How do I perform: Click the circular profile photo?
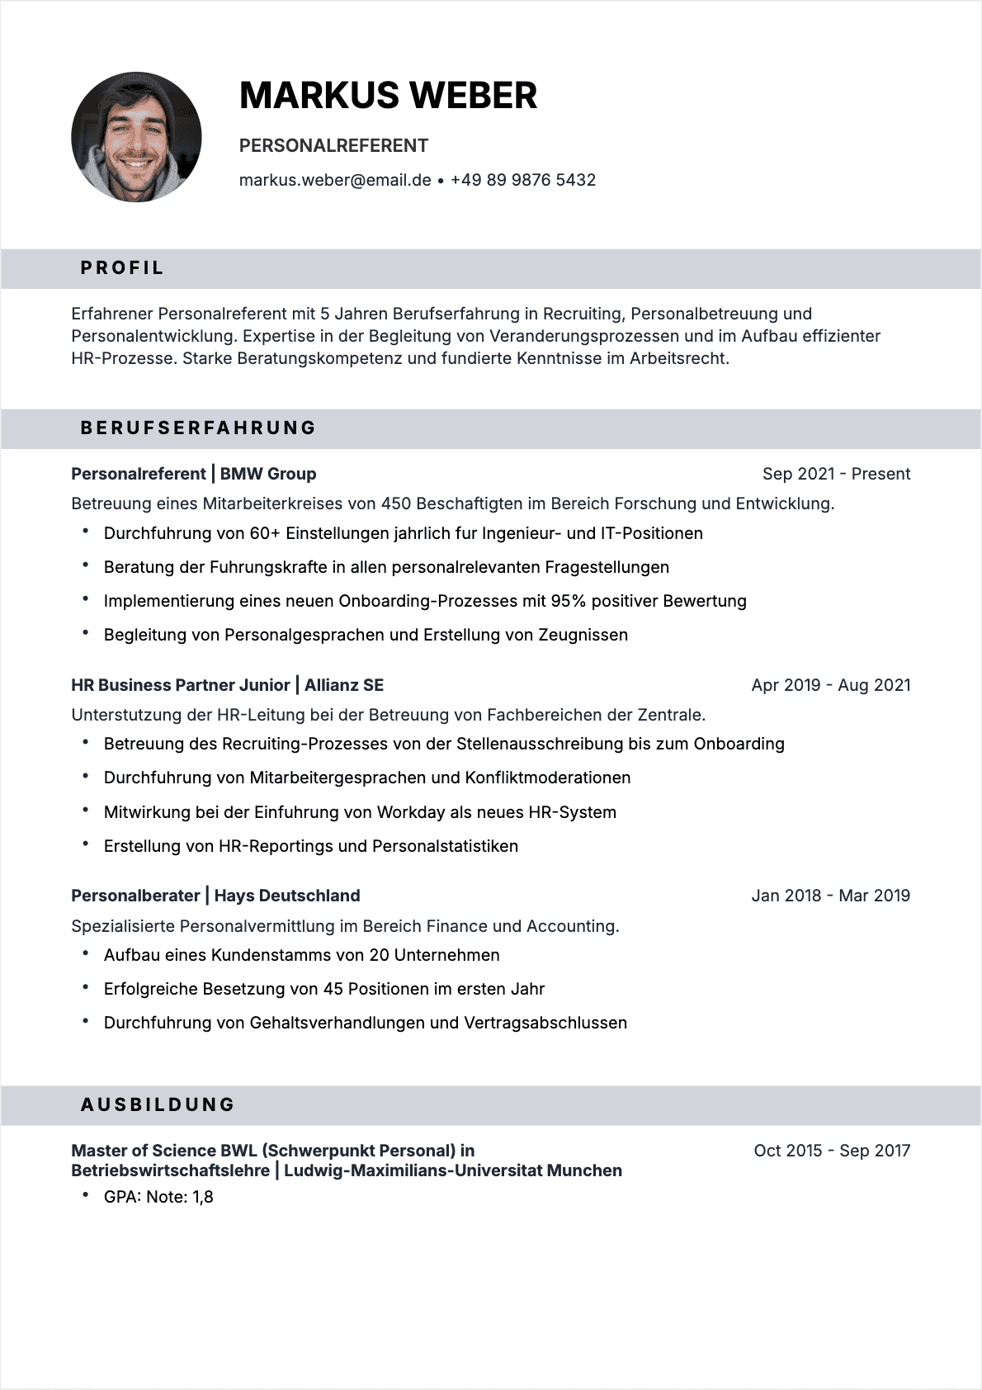pyautogui.click(x=136, y=137)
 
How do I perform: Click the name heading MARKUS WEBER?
pyautogui.click(x=388, y=96)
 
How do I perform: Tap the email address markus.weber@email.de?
pyautogui.click(x=335, y=180)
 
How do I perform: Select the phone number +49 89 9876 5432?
pyautogui.click(x=523, y=180)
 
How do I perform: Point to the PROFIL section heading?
pyautogui.click(x=122, y=268)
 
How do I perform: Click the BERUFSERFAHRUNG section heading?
pyautogui.click(x=198, y=428)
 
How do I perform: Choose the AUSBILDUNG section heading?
pyautogui.click(x=158, y=1105)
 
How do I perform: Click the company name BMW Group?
pyautogui.click(x=268, y=474)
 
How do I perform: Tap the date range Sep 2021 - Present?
pyautogui.click(x=836, y=474)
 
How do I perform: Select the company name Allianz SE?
pyautogui.click(x=344, y=685)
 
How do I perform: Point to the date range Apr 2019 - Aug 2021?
pyautogui.click(x=831, y=685)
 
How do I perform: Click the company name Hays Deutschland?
pyautogui.click(x=287, y=896)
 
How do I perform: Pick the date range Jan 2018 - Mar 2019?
pyautogui.click(x=830, y=896)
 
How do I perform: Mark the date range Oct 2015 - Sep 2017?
pyautogui.click(x=832, y=1151)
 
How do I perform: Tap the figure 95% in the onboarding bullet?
pyautogui.click(x=569, y=601)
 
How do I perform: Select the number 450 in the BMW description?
pyautogui.click(x=396, y=504)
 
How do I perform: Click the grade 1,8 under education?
pyautogui.click(x=203, y=1197)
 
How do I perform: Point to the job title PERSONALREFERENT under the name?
pyautogui.click(x=333, y=146)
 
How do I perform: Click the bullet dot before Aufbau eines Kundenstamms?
pyautogui.click(x=86, y=953)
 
